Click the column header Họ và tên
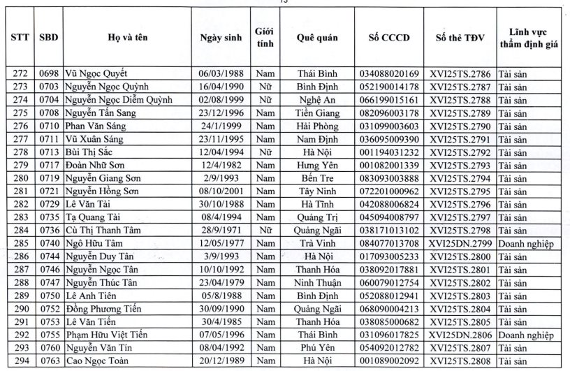[126, 36]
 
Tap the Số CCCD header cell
[388, 36]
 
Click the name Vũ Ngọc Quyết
[96, 73]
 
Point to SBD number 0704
[50, 100]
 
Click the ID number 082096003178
[388, 113]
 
